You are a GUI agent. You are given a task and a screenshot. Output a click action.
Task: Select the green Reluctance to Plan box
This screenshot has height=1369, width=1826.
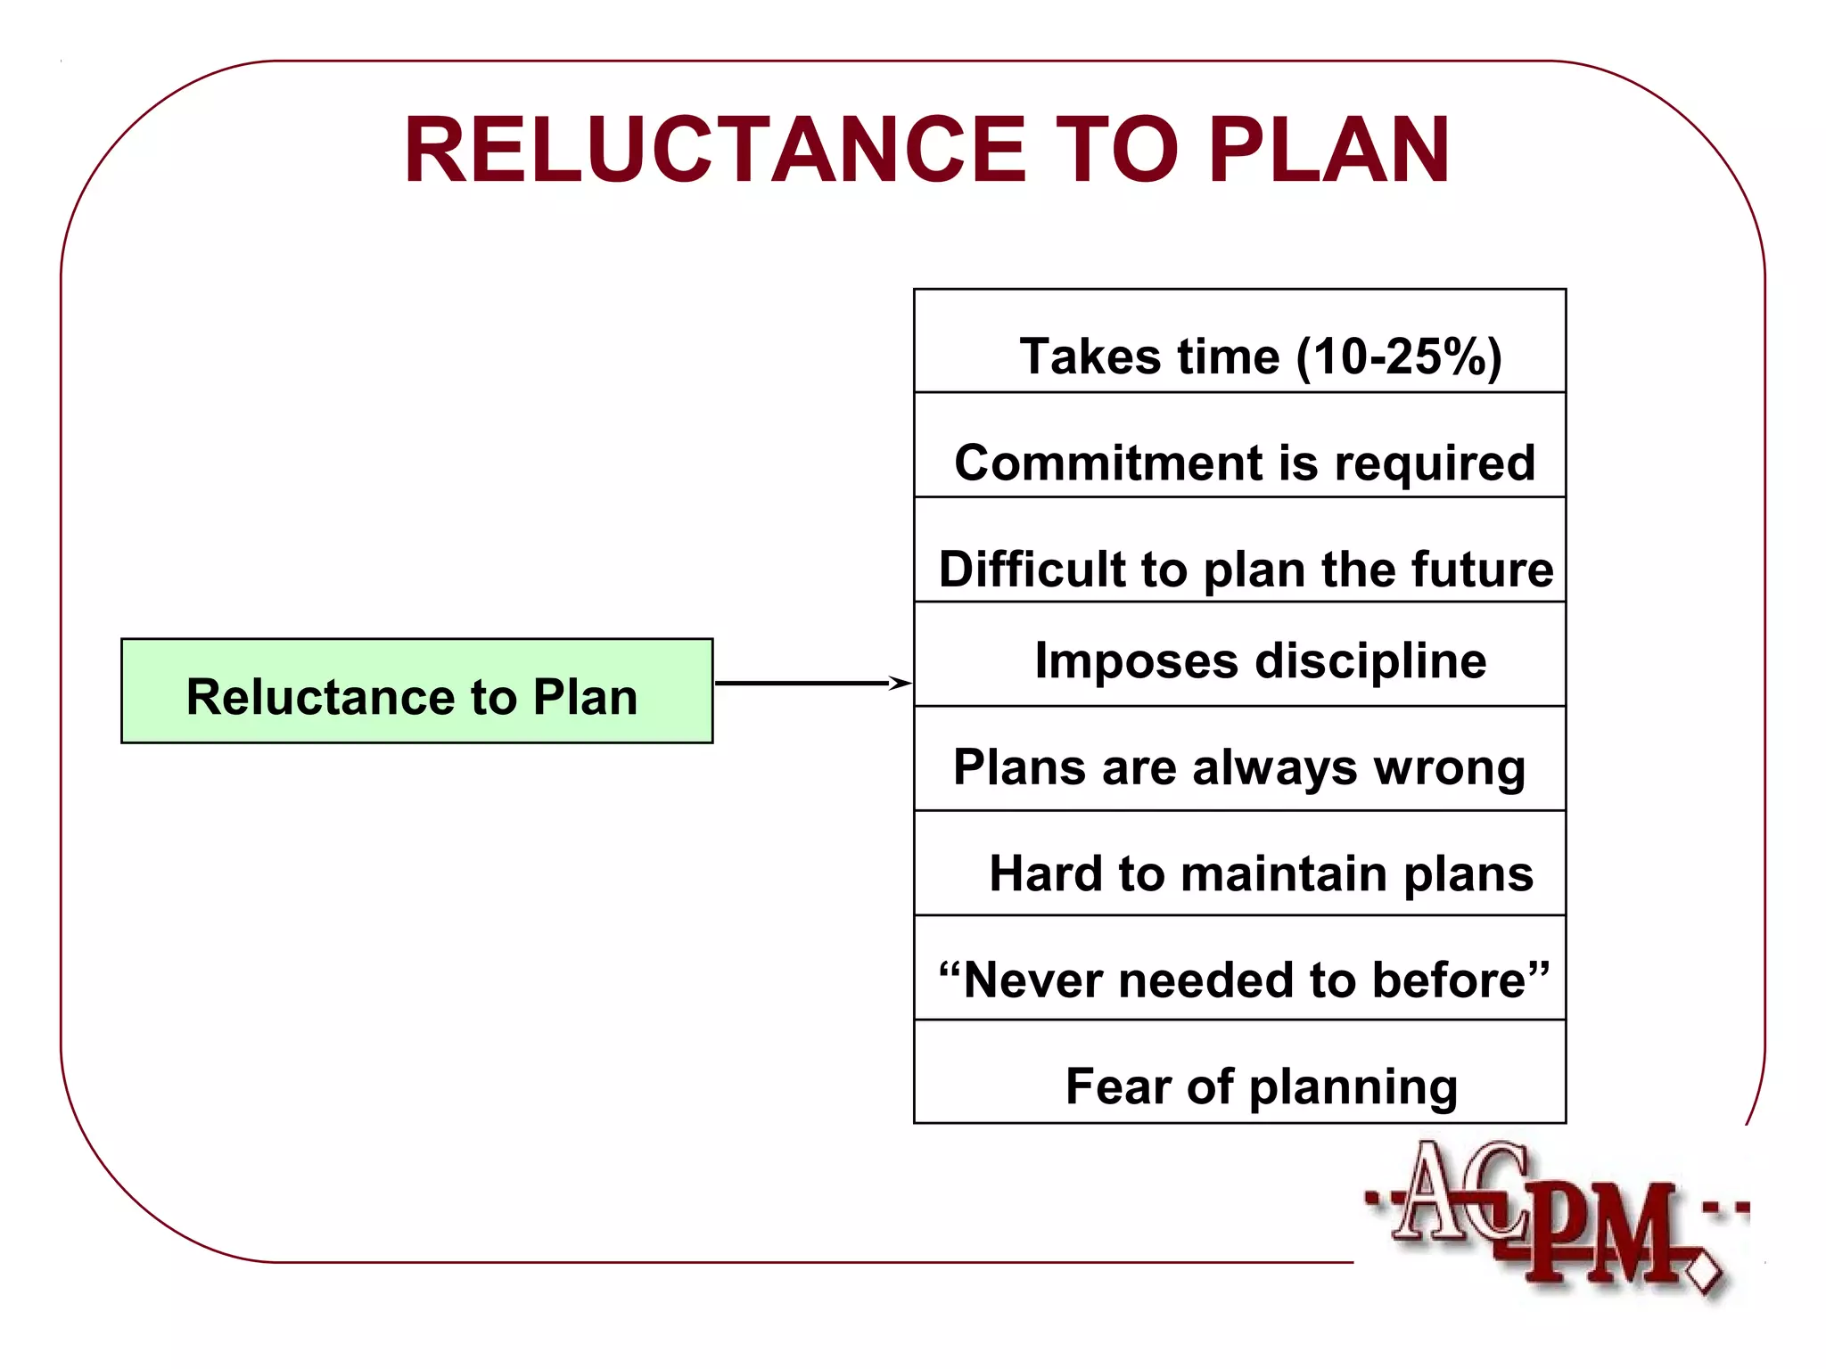click(416, 691)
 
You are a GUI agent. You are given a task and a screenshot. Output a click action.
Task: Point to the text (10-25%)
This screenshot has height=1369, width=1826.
click(1399, 357)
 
